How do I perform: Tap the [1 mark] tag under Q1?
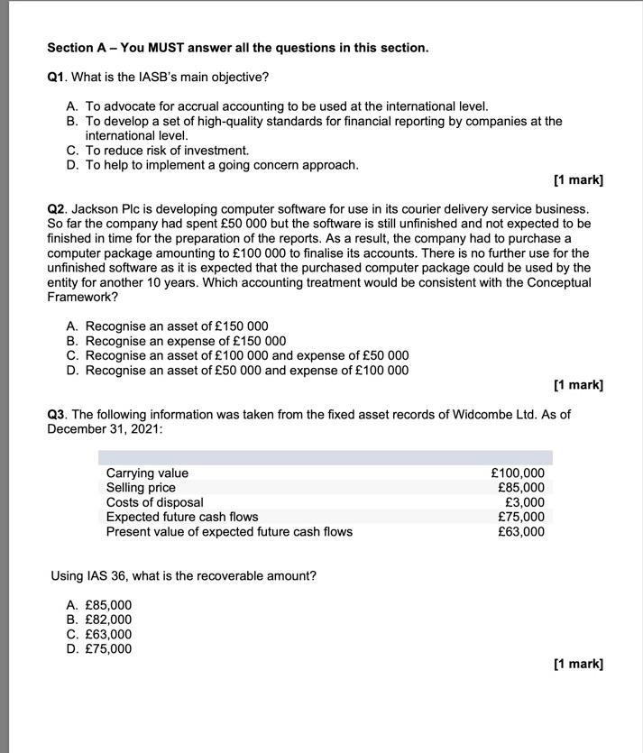(x=578, y=180)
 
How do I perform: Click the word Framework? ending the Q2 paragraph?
(x=82, y=297)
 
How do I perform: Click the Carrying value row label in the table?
(x=147, y=473)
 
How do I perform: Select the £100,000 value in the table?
(x=518, y=473)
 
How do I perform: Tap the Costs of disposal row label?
(x=154, y=502)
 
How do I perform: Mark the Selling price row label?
(x=141, y=488)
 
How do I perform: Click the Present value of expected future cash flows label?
(x=229, y=531)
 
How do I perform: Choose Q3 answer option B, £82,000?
(x=107, y=620)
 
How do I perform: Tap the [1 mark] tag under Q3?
(x=578, y=664)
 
